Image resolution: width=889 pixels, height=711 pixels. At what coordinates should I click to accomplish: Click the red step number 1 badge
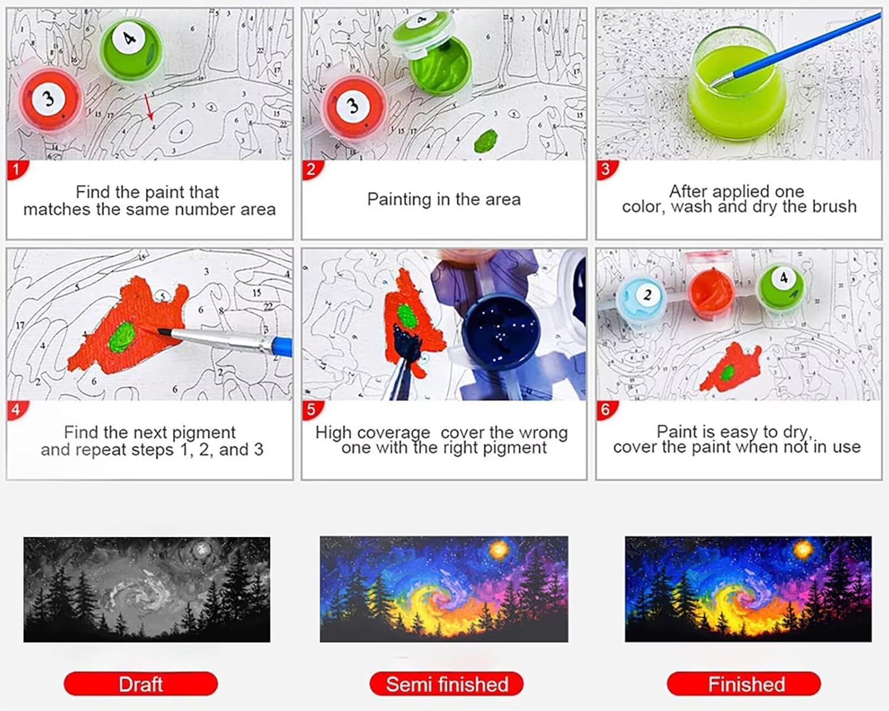[17, 169]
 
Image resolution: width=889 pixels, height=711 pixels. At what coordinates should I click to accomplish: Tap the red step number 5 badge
[312, 410]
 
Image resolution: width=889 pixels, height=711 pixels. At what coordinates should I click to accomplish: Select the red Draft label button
[141, 684]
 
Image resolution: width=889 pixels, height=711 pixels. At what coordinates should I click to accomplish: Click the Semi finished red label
[446, 684]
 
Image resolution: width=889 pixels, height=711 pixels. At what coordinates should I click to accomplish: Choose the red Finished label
[744, 684]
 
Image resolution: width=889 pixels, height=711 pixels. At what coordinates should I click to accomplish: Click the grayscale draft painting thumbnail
[147, 590]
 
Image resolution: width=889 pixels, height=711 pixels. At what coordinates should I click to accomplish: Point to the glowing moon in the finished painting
[803, 549]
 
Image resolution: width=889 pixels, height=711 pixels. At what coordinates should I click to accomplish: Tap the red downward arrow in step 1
[149, 107]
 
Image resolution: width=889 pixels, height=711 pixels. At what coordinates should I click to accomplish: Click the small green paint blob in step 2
[486, 141]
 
